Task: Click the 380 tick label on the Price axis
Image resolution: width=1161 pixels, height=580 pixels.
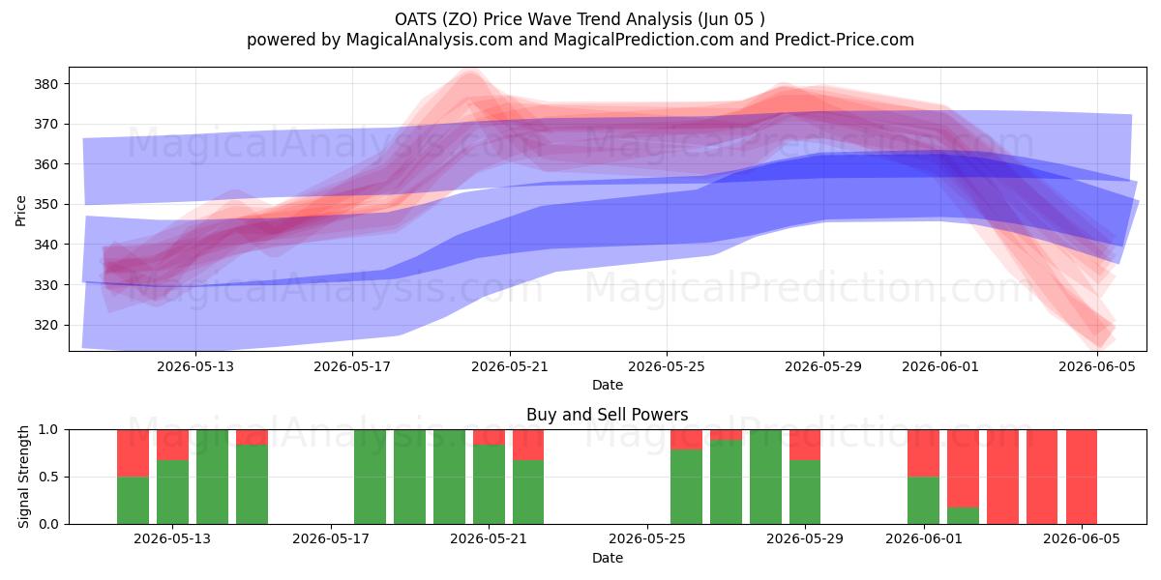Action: [45, 84]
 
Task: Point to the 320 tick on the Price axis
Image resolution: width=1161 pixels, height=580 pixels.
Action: [45, 325]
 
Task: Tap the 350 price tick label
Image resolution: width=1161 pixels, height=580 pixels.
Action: [45, 205]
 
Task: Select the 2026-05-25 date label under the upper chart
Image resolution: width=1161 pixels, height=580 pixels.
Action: [667, 366]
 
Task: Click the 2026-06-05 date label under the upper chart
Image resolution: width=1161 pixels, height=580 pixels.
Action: [1097, 366]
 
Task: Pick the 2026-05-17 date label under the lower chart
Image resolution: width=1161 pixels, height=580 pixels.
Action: [331, 539]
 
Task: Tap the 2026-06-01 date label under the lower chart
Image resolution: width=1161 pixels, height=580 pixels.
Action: [924, 539]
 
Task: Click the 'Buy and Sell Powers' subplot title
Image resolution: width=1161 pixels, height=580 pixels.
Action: [607, 415]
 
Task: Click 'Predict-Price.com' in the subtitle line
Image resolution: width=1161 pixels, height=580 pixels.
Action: [845, 40]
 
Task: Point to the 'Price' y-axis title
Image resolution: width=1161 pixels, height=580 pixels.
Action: [20, 211]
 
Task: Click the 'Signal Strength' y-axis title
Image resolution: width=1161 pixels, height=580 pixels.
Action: [23, 477]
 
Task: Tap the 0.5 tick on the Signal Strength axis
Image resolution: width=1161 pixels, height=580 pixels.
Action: [48, 477]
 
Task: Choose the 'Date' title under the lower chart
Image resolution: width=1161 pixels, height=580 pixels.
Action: [608, 558]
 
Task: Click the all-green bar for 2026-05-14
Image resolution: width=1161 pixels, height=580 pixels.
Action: [213, 477]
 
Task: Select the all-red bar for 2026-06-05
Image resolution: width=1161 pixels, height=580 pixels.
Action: [1082, 477]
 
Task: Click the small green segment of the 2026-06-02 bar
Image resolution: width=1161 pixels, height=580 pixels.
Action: [963, 516]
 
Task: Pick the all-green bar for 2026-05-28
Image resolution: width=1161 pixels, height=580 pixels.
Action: [765, 477]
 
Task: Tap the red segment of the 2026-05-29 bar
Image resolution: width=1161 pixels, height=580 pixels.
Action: [805, 445]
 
